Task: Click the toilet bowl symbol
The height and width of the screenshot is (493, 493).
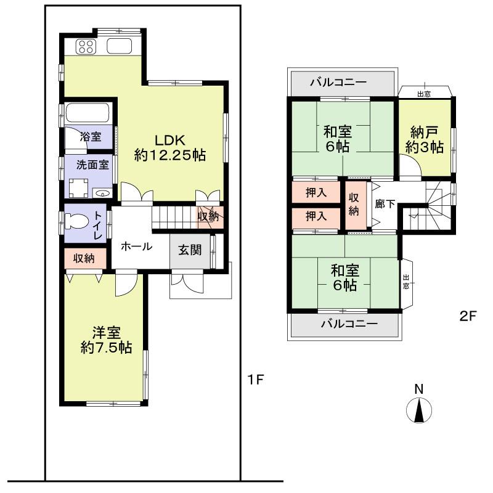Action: click(x=80, y=221)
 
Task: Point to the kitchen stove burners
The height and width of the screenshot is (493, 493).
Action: click(x=86, y=46)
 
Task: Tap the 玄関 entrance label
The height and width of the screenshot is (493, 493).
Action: click(x=190, y=251)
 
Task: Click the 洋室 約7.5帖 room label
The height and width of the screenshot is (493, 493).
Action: click(x=105, y=340)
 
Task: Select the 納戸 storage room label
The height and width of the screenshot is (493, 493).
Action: click(x=425, y=139)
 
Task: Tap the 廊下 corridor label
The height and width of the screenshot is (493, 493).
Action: click(x=385, y=204)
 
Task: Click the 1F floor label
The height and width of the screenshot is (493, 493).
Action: click(x=256, y=380)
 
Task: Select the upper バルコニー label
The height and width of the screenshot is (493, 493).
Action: click(x=338, y=82)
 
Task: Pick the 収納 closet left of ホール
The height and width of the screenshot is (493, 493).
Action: click(x=84, y=258)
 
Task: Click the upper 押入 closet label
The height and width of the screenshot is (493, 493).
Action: click(x=317, y=193)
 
